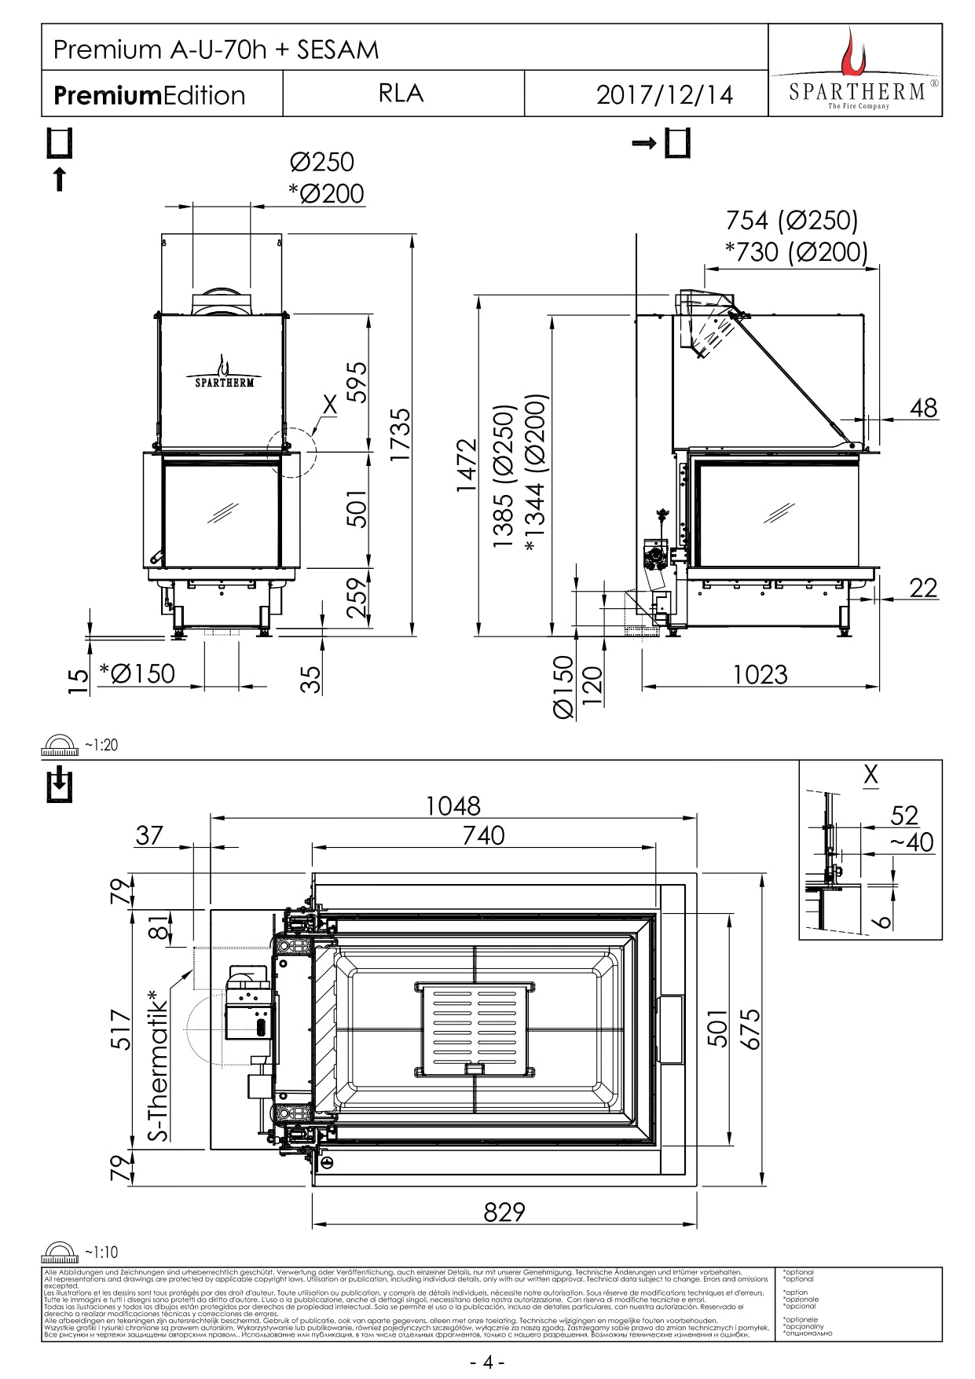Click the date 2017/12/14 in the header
coord(664,94)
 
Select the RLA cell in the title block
coord(401,94)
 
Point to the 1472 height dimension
coord(467,465)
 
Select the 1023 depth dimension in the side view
coord(760,674)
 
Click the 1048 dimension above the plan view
coord(453,805)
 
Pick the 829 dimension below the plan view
coord(504,1212)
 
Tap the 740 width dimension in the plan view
coord(483,835)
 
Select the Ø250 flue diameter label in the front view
coord(322,162)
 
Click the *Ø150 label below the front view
coord(137,673)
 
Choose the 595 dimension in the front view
coord(357,382)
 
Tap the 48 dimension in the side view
coord(924,408)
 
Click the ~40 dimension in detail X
coord(911,843)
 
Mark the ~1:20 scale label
coord(101,744)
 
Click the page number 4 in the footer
coord(487,1362)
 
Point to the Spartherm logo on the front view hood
coord(225,373)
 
